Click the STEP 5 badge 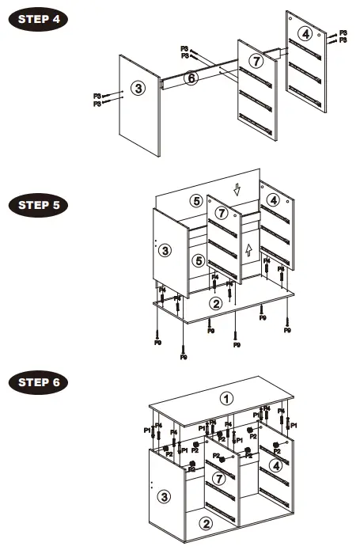[x=38, y=205]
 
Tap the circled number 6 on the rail [x=191, y=78]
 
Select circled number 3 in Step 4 [x=139, y=88]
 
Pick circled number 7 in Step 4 [x=255, y=61]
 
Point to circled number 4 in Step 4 [x=305, y=33]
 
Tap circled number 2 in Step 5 [x=214, y=302]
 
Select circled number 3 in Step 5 [x=165, y=251]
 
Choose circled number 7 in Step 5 [x=222, y=214]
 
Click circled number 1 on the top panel [x=227, y=398]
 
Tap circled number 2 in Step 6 [x=204, y=522]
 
